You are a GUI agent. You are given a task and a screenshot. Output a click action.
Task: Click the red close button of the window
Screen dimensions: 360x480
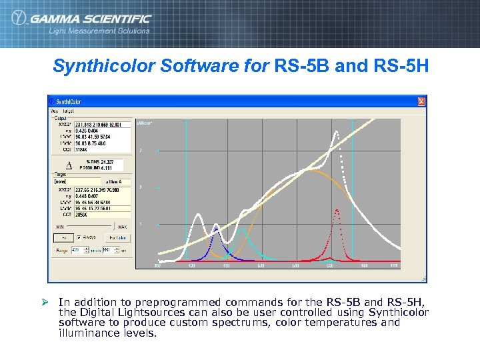click(421, 101)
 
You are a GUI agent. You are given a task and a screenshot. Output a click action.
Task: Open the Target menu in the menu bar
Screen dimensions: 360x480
click(69, 111)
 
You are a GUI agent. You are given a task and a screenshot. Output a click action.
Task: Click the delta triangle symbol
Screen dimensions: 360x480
click(69, 165)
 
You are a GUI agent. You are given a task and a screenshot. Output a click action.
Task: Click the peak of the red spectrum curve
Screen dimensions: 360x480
click(337, 211)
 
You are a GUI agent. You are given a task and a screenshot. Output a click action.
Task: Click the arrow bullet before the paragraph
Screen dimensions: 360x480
click(45, 302)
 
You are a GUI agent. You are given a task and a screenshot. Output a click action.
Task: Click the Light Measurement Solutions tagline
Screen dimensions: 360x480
click(99, 31)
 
